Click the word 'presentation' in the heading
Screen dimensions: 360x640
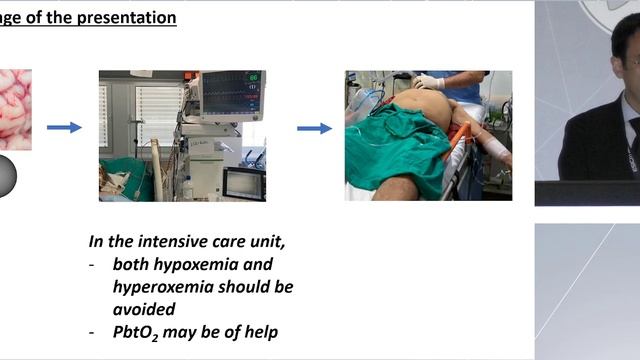(127, 18)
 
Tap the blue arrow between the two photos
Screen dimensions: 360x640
(314, 128)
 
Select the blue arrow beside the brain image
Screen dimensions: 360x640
(64, 127)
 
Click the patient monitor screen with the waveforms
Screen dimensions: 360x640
(232, 93)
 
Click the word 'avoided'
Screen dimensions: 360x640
(144, 310)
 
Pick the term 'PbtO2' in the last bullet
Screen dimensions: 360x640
(140, 334)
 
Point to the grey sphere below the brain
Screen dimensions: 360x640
(6, 175)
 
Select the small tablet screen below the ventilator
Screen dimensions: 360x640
(244, 183)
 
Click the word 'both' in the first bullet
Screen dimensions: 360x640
(131, 264)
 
